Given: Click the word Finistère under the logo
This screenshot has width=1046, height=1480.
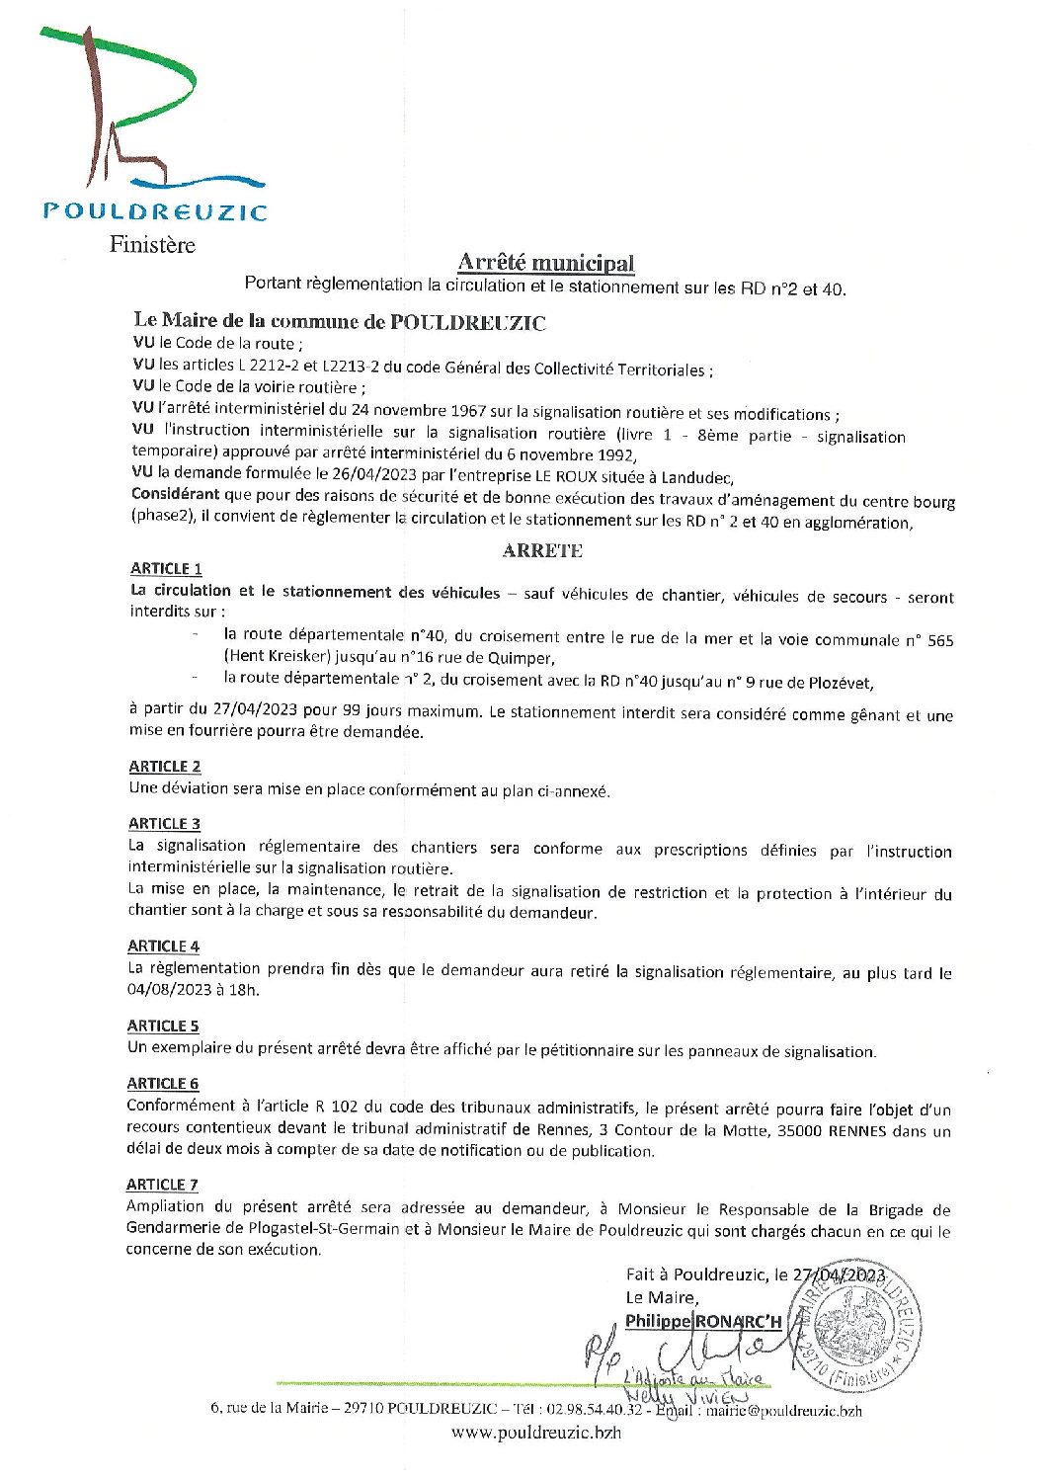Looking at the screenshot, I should pyautogui.click(x=152, y=244).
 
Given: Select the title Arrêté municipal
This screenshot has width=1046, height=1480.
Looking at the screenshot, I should pyautogui.click(x=545, y=263).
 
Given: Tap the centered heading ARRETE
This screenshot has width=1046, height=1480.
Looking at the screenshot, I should pyautogui.click(x=542, y=550).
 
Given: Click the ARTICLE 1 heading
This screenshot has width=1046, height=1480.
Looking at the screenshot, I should pyautogui.click(x=166, y=568).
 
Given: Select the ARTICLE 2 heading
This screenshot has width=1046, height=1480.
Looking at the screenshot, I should pyautogui.click(x=164, y=766).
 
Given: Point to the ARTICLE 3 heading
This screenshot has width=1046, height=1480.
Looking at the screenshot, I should pyautogui.click(x=164, y=823).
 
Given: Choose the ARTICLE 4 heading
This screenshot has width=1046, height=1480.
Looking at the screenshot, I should pyautogui.click(x=163, y=946).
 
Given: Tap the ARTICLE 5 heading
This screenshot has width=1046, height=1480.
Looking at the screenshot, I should pyautogui.click(x=163, y=1026).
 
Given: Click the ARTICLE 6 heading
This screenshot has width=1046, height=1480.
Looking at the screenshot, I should pyautogui.click(x=163, y=1083).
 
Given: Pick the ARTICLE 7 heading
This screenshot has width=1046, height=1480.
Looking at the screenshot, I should pyautogui.click(x=162, y=1184).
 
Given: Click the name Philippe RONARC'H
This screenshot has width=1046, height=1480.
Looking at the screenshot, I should pyautogui.click(x=703, y=1321).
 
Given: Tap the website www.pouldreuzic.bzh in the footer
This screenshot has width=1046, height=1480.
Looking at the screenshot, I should pyautogui.click(x=536, y=1432).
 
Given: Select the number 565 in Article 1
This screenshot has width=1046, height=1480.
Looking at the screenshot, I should pyautogui.click(x=940, y=640).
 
